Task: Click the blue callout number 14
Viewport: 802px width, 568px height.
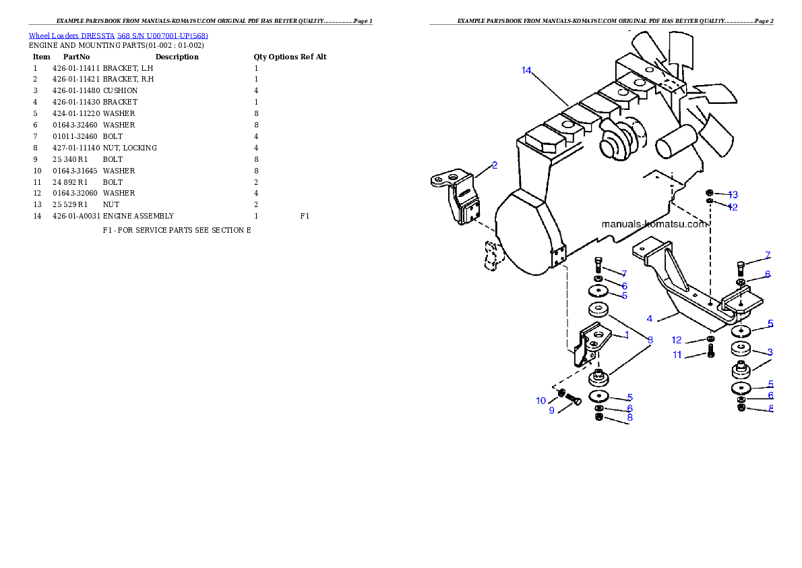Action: pos(526,70)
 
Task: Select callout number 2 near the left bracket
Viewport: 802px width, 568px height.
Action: pos(495,165)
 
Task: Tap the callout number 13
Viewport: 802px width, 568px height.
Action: pos(733,194)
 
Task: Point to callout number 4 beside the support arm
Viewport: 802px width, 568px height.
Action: pos(649,318)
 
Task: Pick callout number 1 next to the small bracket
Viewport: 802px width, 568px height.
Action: pos(626,335)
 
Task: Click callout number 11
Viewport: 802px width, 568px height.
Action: pos(677,355)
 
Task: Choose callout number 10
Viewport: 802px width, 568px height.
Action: pos(541,401)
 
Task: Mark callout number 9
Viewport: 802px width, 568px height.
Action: pos(551,411)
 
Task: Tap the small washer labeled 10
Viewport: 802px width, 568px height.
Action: pos(561,393)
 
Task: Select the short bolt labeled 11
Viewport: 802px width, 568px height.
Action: pos(710,351)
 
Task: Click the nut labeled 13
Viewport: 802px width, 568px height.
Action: pos(710,193)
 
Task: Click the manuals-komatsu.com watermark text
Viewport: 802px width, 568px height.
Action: pos(654,224)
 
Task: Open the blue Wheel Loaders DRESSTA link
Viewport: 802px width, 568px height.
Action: pos(118,36)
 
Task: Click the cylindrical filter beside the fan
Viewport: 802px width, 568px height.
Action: pos(675,142)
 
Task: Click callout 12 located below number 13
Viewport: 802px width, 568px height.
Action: pos(733,207)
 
